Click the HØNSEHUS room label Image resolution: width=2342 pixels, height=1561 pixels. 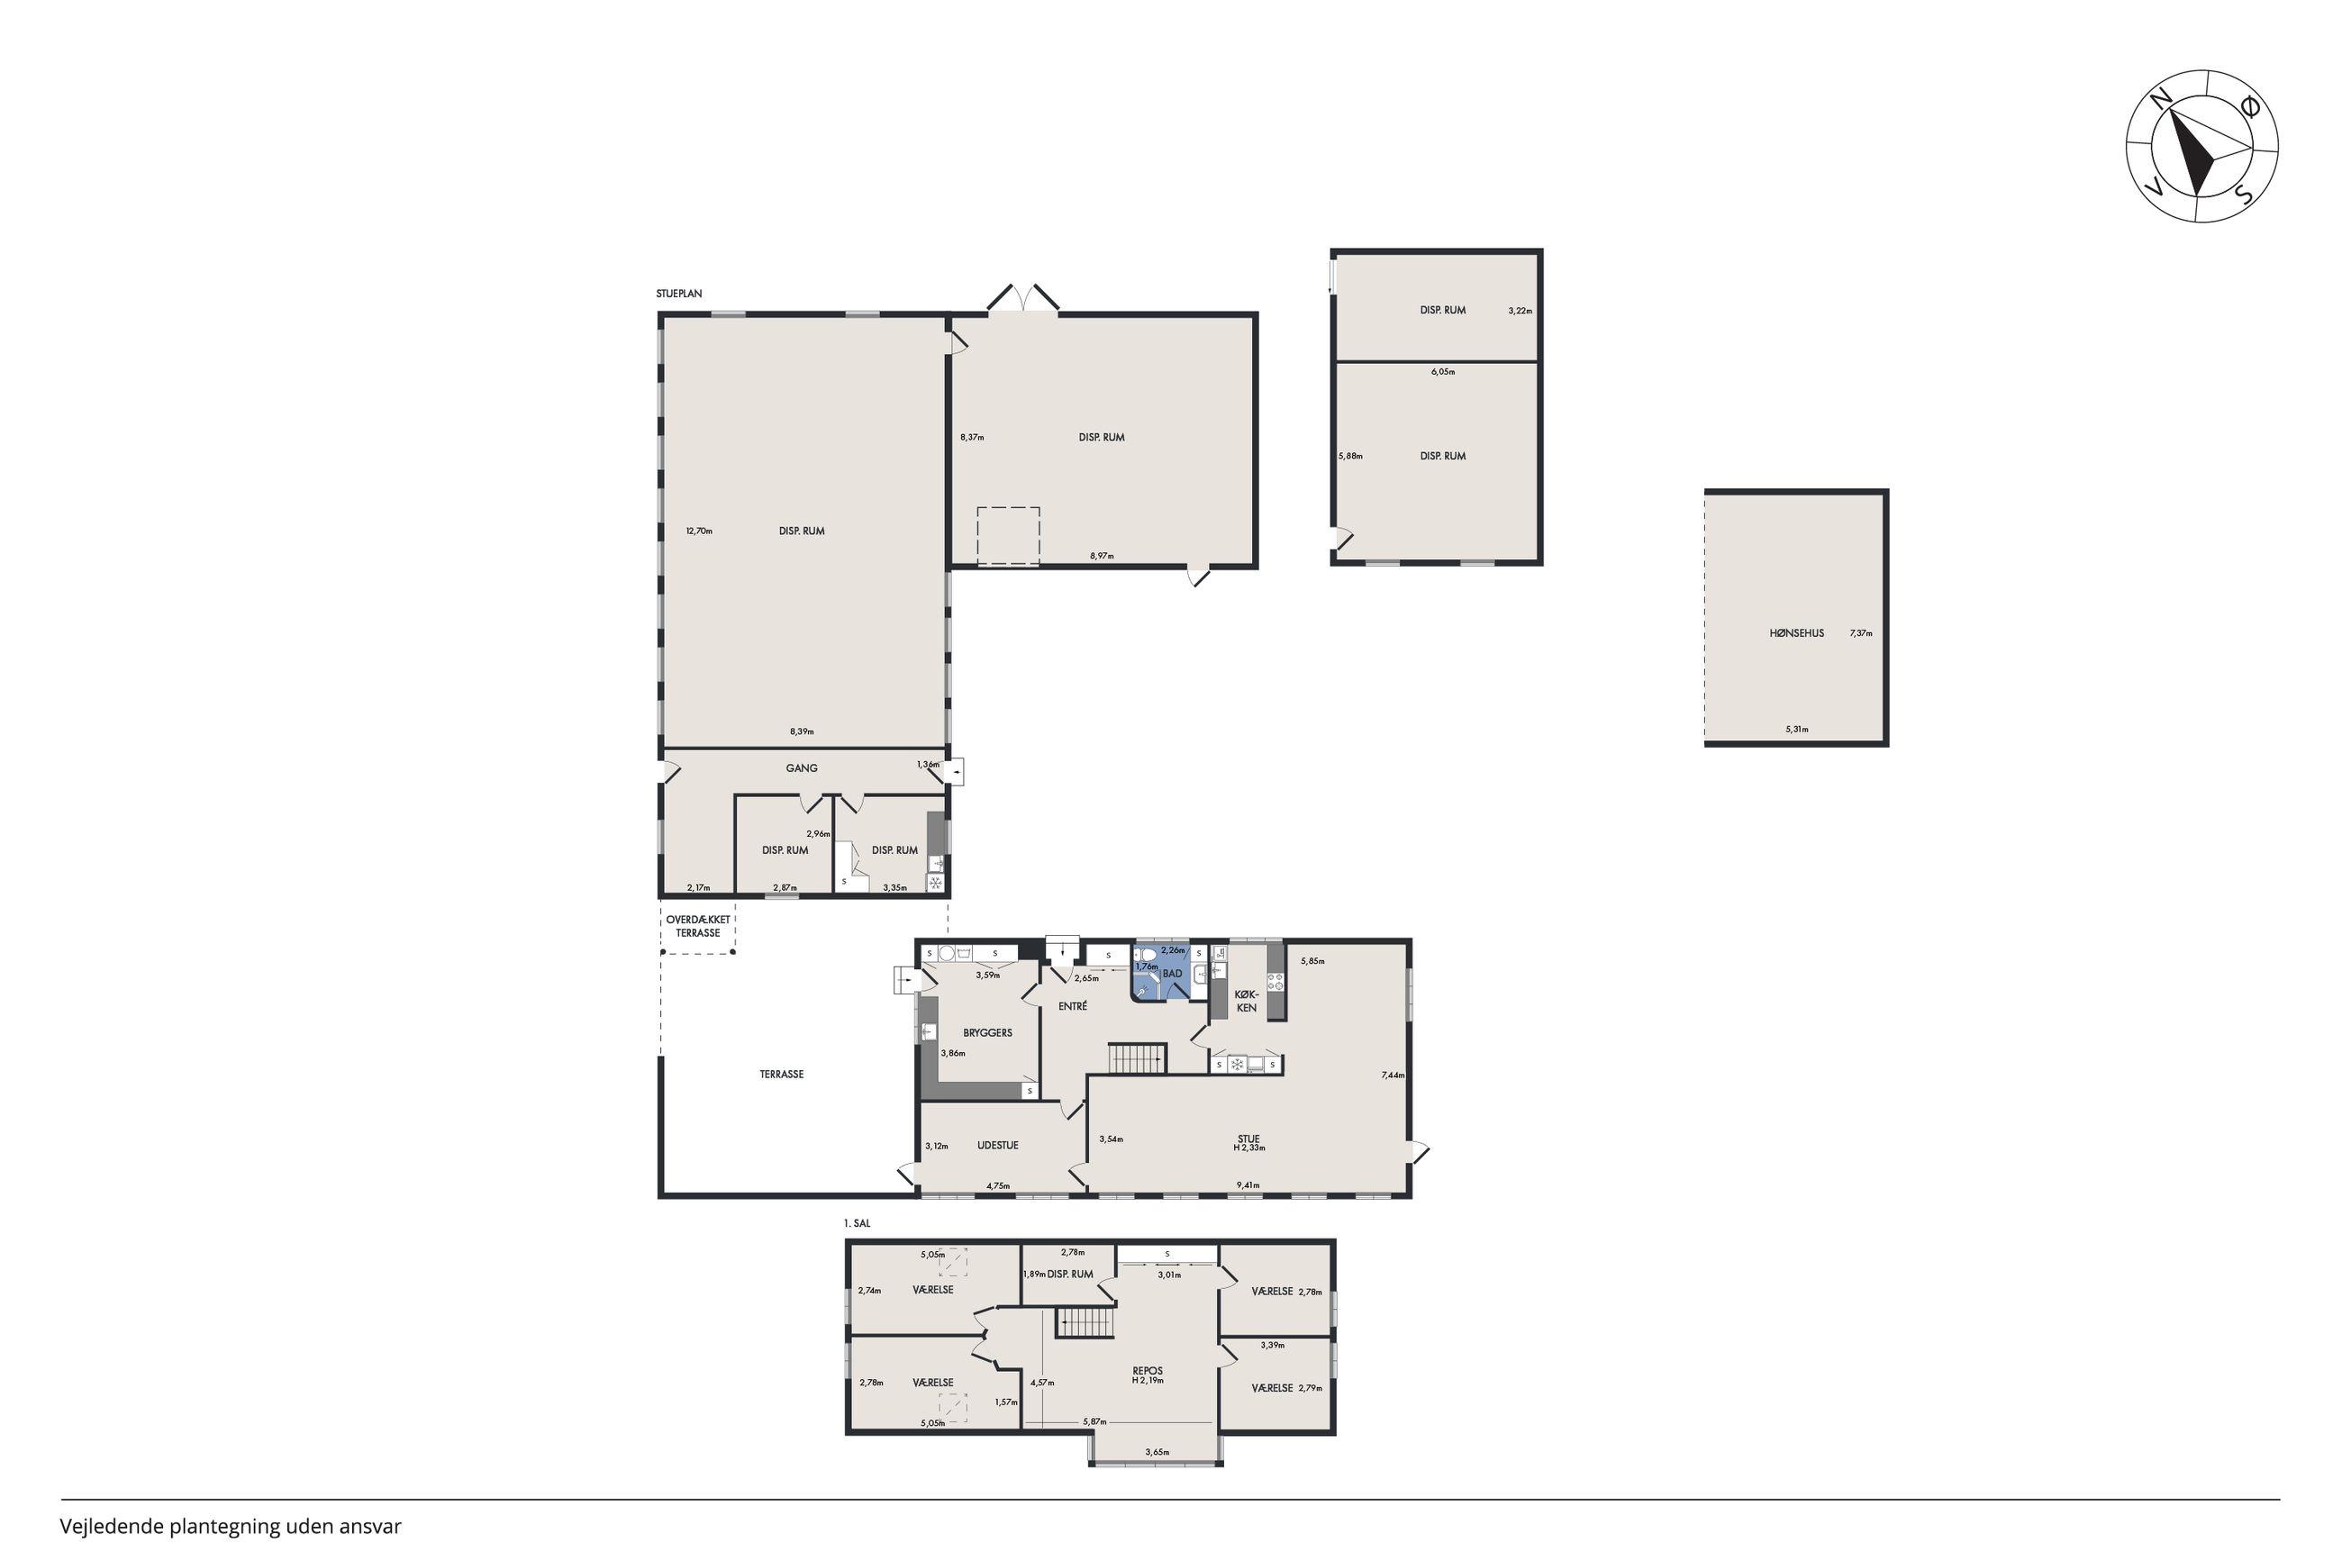(1795, 633)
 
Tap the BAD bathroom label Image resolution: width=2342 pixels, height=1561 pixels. (1172, 974)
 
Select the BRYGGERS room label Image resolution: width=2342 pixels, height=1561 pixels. (986, 1032)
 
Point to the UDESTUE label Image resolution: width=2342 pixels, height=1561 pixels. (996, 1145)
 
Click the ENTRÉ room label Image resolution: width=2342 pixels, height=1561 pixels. (1072, 1006)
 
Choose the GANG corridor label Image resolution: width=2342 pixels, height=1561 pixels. (802, 767)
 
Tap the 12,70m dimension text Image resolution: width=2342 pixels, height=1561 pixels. (699, 531)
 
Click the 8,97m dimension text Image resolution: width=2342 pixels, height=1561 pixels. (1101, 556)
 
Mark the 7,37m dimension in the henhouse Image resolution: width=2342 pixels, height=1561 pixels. (1860, 633)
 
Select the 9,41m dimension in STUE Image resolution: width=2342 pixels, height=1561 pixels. (1248, 1184)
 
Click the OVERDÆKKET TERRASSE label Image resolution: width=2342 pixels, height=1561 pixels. (698, 926)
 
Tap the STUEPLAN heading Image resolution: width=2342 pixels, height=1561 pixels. (679, 294)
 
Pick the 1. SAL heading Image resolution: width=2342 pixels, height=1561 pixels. (856, 1222)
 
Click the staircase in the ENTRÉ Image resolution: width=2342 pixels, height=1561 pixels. (1136, 1057)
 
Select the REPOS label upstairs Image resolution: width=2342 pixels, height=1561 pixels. (1147, 1371)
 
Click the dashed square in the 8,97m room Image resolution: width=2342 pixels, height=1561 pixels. (1007, 537)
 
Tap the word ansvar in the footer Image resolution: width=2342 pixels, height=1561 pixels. (369, 1526)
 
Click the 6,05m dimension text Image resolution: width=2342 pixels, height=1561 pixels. (1442, 371)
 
